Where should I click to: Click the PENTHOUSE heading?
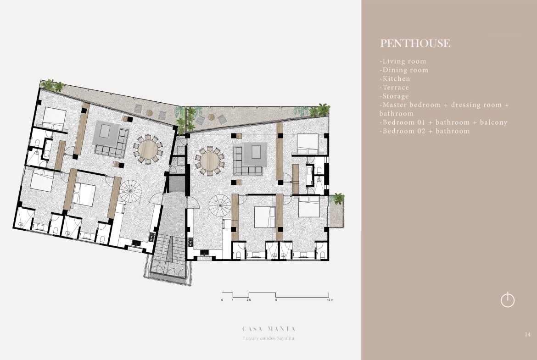click(415, 44)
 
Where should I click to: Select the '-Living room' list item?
click(403, 61)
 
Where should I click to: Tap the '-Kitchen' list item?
click(395, 79)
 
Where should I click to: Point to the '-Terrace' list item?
click(394, 87)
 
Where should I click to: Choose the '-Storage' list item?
click(394, 96)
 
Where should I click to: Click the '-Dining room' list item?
click(404, 70)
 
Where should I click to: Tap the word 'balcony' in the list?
click(493, 122)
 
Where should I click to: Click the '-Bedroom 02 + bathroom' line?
click(425, 131)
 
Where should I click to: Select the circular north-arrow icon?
click(508, 300)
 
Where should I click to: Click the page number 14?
click(527, 334)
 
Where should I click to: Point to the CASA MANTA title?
click(269, 329)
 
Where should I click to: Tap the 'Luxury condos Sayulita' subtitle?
click(268, 338)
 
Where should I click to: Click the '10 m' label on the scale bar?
click(330, 300)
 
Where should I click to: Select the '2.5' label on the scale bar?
click(249, 300)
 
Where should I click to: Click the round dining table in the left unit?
click(148, 149)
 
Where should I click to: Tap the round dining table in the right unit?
click(210, 161)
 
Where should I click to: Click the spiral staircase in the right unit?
click(220, 205)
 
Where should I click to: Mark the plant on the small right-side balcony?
click(339, 199)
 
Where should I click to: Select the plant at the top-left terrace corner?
click(52, 85)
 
